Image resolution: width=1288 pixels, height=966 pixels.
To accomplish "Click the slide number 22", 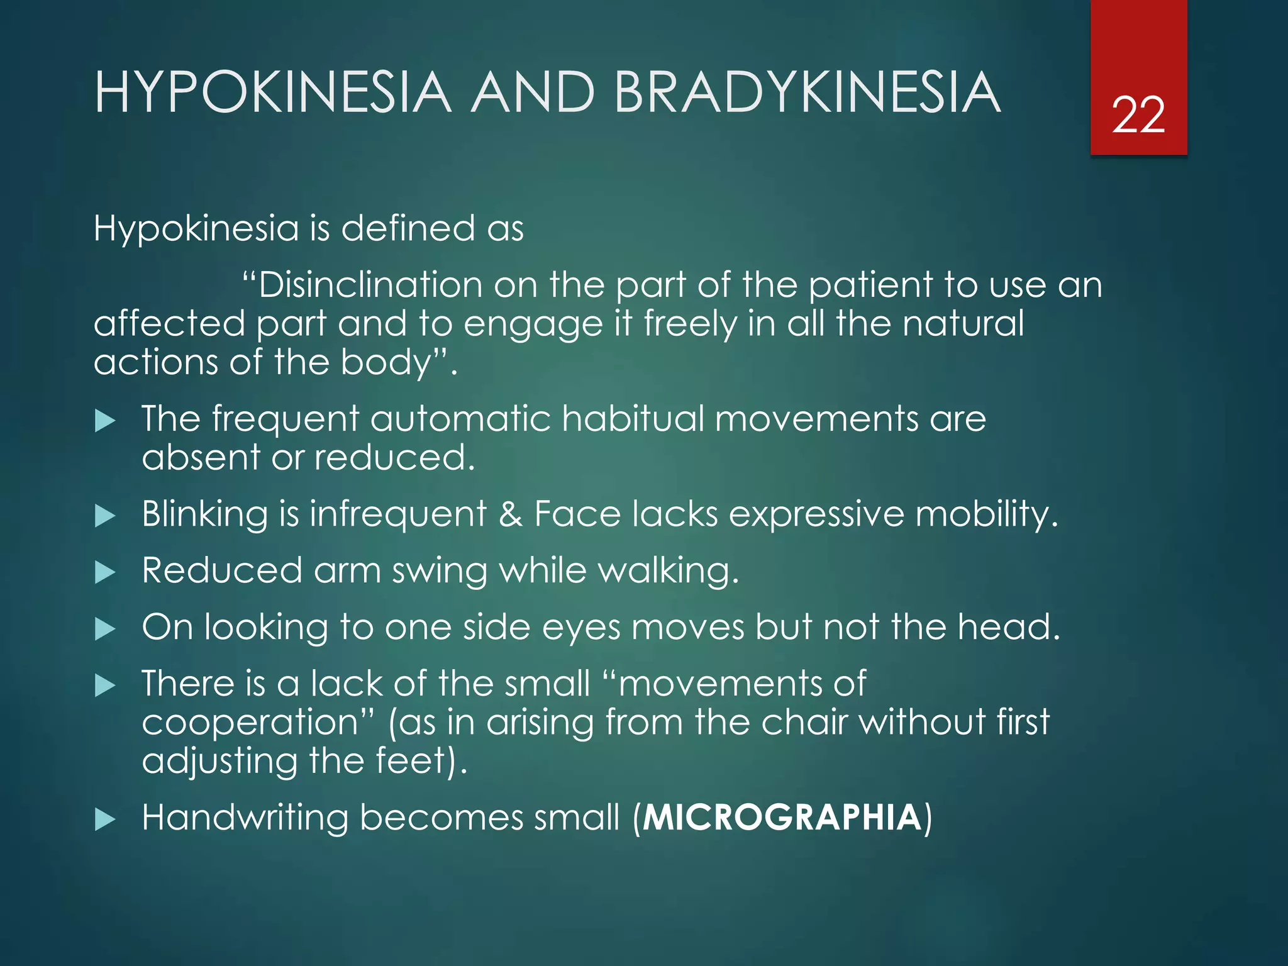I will pyautogui.click(x=1138, y=115).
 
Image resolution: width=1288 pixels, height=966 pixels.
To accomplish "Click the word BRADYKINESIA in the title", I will pyautogui.click(x=807, y=93).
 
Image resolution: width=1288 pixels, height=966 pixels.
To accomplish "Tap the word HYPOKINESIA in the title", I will pyautogui.click(x=273, y=93).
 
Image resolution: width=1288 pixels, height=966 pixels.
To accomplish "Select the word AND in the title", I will pyautogui.click(x=533, y=93).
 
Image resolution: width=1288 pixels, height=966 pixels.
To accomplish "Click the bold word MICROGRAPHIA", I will pyautogui.click(x=782, y=818).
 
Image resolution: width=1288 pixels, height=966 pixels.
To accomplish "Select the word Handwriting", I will pyautogui.click(x=245, y=818).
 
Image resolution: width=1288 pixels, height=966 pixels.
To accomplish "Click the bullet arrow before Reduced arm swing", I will pyautogui.click(x=105, y=572).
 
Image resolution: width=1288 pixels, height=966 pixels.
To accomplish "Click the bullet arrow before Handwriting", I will pyautogui.click(x=105, y=819).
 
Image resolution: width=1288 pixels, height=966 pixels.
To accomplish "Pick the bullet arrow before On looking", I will pyautogui.click(x=105, y=629).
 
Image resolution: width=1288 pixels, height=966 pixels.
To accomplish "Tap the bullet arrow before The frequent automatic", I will pyautogui.click(x=105, y=421).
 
